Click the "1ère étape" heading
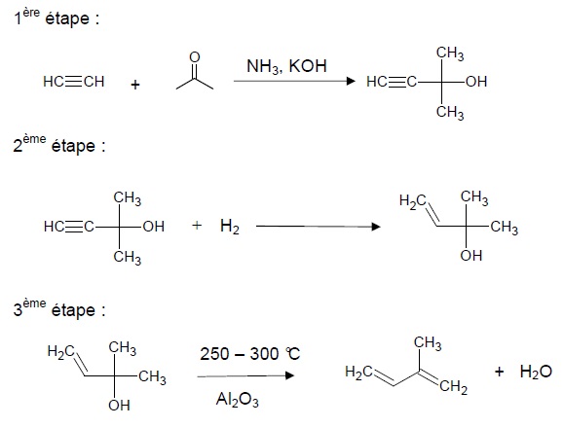[x=56, y=18]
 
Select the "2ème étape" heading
[x=59, y=144]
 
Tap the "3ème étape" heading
[x=59, y=309]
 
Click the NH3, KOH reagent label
[x=286, y=66]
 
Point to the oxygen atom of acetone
[x=195, y=57]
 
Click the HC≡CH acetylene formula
[x=74, y=82]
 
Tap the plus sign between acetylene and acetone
[x=135, y=86]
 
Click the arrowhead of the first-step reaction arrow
[x=351, y=81]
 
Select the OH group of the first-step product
[x=476, y=82]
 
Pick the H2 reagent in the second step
[x=230, y=227]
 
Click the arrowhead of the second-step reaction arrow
[x=376, y=227]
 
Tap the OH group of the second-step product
[x=470, y=256]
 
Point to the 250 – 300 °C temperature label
[x=250, y=354]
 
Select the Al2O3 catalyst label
[x=238, y=400]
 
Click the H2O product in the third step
[x=536, y=372]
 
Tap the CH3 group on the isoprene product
[x=428, y=343]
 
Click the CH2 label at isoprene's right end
[x=454, y=387]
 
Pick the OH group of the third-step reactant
[x=119, y=406]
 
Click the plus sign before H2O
[x=499, y=372]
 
